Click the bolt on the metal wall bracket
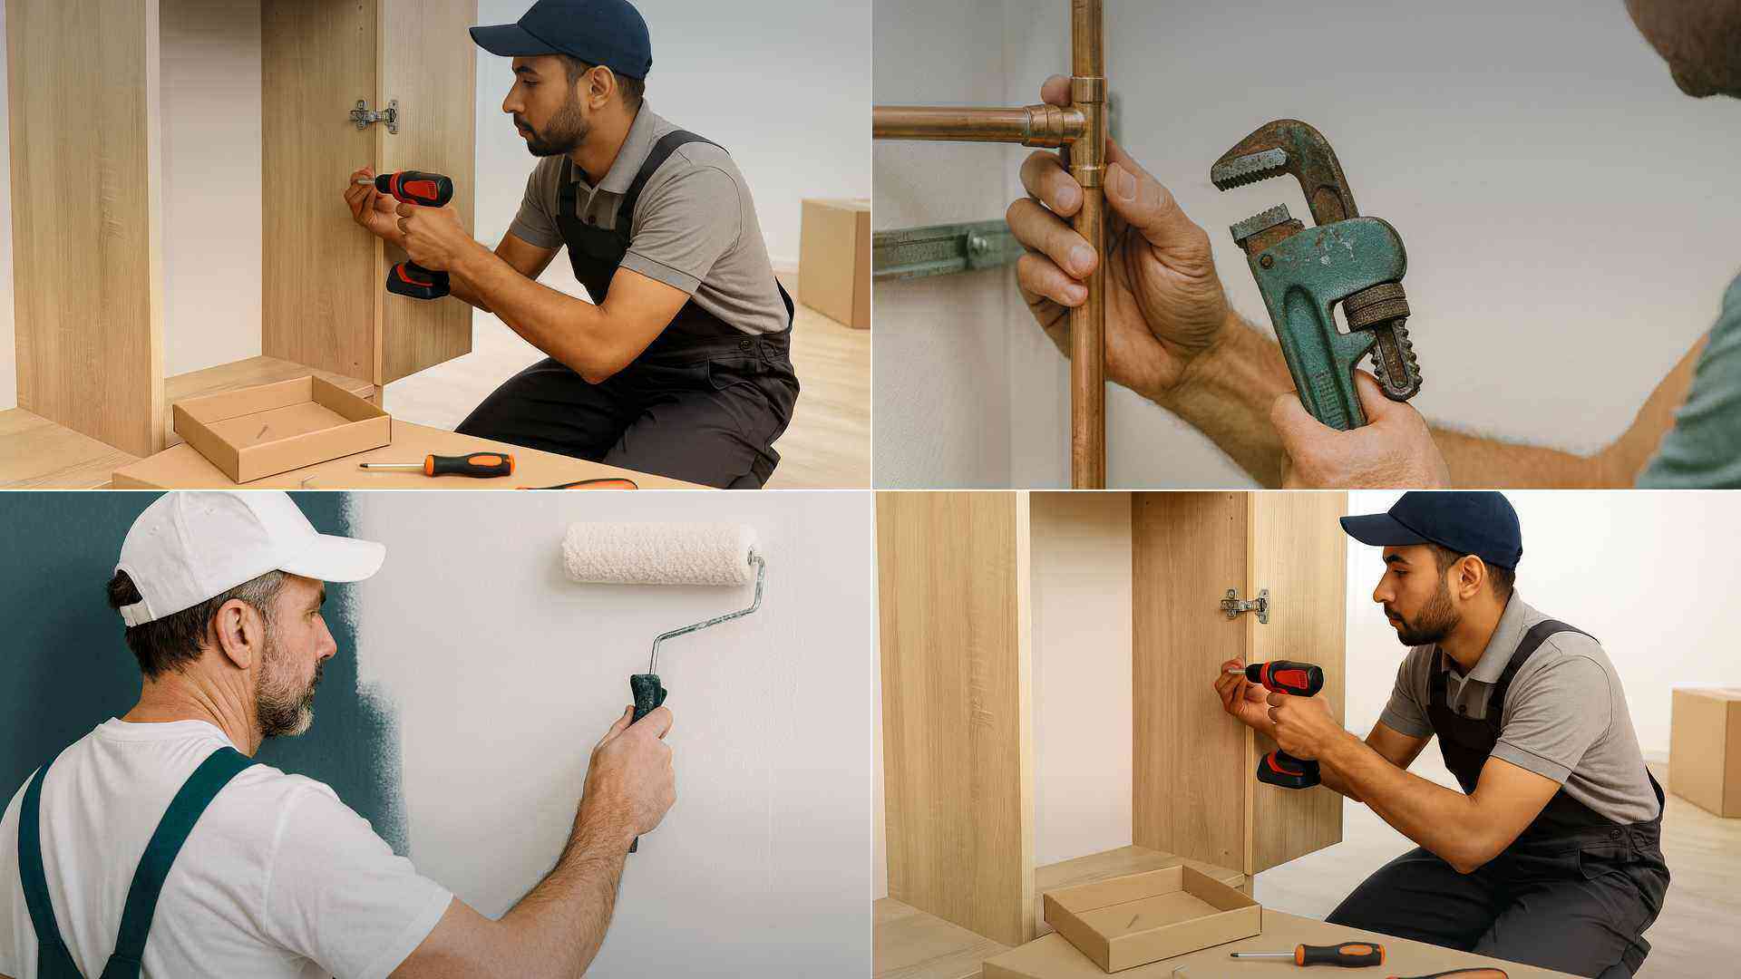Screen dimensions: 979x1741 [x=977, y=243]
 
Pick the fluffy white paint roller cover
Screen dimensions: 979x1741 [x=659, y=552]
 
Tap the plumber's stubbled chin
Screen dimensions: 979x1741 [x=1687, y=73]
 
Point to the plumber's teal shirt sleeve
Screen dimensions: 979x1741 [x=1696, y=408]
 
